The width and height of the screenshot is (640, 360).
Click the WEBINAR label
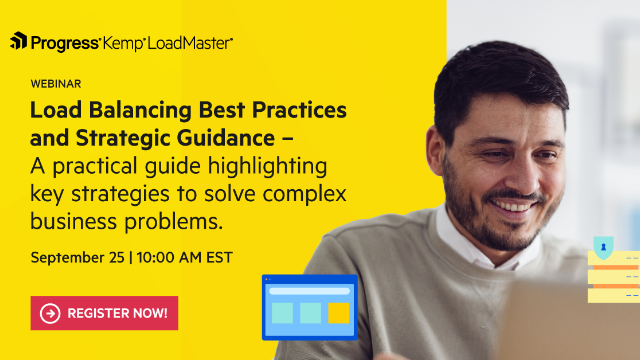click(55, 83)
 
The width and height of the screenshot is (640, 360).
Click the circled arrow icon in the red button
click(49, 313)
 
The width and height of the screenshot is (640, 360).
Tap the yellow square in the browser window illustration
click(339, 313)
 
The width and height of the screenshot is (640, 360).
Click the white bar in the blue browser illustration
click(309, 291)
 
